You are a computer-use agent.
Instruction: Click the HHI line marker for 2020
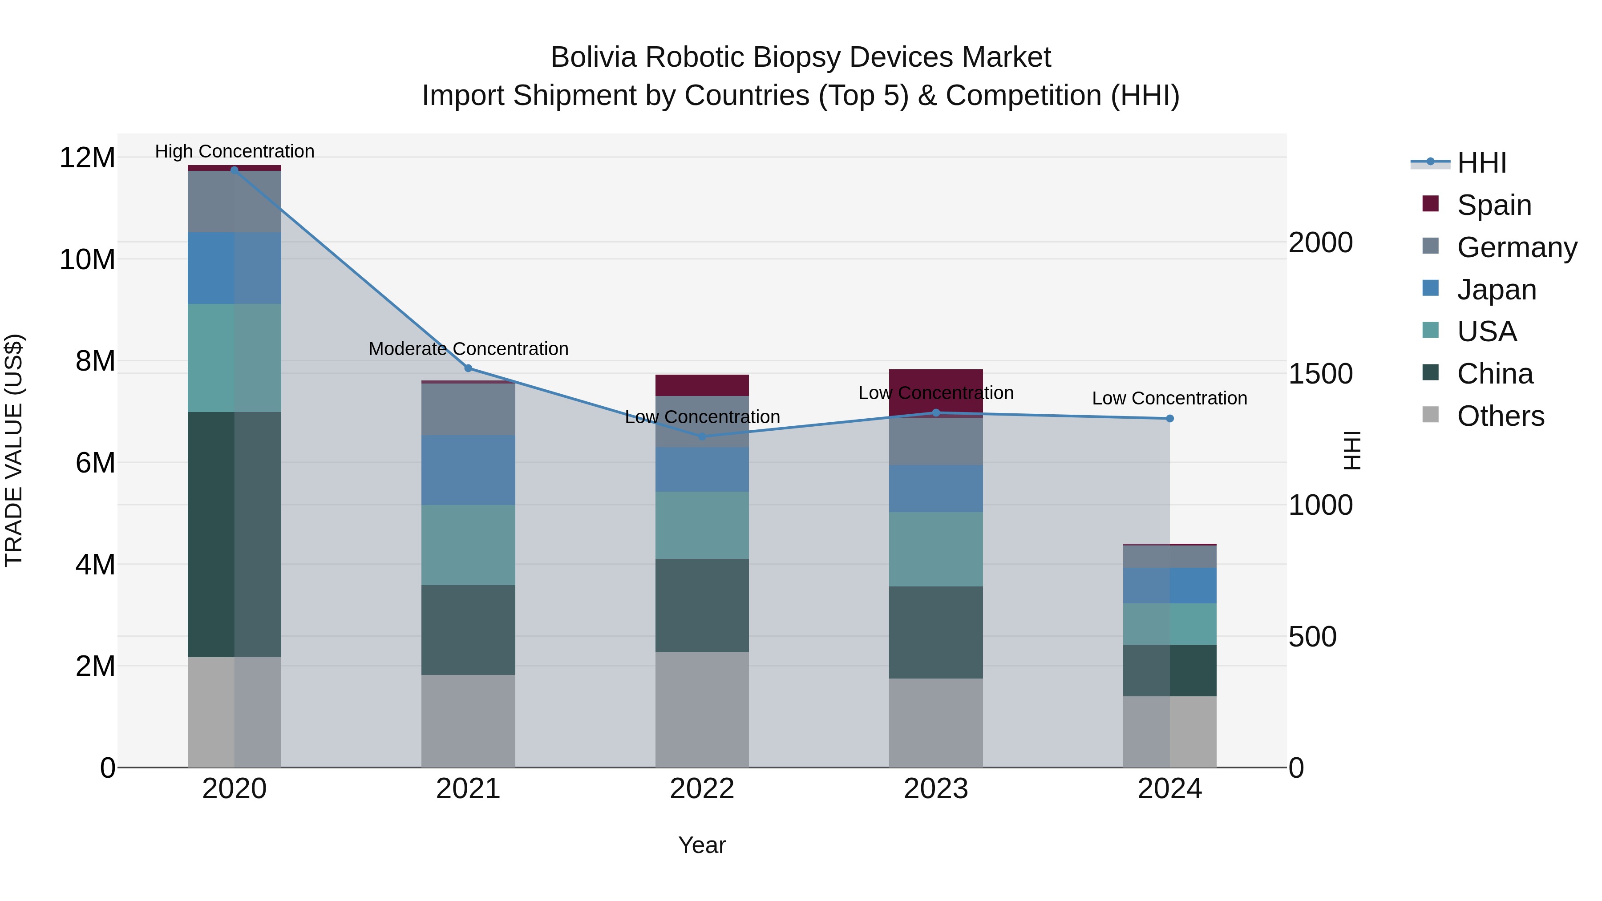coord(235,170)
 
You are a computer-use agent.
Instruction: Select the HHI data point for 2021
coord(468,368)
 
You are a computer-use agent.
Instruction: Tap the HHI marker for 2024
coord(1170,419)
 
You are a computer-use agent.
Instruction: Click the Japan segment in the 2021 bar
coord(468,470)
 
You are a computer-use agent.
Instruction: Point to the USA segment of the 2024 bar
coord(1170,624)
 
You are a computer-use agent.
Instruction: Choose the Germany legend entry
coord(1517,247)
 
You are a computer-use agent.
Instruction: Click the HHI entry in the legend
coord(1481,163)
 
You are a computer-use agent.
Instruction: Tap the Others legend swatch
coord(1430,415)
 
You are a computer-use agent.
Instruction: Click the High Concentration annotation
coord(235,151)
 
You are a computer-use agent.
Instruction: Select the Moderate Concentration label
coord(468,349)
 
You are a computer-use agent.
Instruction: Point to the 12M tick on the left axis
coord(87,158)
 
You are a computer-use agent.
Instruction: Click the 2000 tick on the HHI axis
coord(1320,242)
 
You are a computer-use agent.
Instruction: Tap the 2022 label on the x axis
coord(702,789)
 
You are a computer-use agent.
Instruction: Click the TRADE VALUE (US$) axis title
coord(14,450)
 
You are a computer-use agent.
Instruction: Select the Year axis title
coord(702,845)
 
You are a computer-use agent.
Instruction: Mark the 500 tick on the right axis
coord(1312,637)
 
